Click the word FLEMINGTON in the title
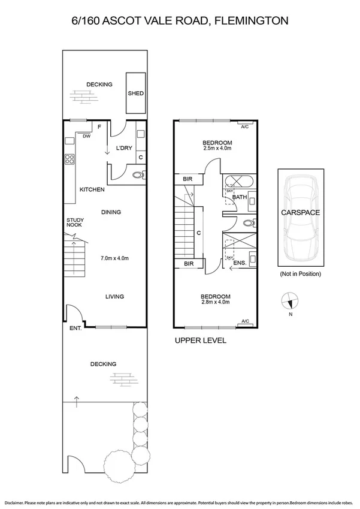pyautogui.click(x=252, y=20)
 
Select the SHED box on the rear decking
pyautogui.click(x=135, y=94)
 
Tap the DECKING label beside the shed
pyautogui.click(x=99, y=85)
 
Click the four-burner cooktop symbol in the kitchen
pyautogui.click(x=69, y=159)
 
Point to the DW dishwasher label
pyautogui.click(x=87, y=136)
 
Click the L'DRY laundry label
pyautogui.click(x=123, y=147)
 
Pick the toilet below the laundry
pyautogui.click(x=138, y=176)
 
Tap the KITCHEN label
pyautogui.click(x=92, y=189)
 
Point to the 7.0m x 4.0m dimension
pyautogui.click(x=114, y=258)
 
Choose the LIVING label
pyautogui.click(x=114, y=296)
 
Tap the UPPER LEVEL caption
pyautogui.click(x=200, y=341)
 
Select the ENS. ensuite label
pyautogui.click(x=239, y=263)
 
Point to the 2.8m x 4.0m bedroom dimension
pyautogui.click(x=216, y=302)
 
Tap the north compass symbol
pyautogui.click(x=289, y=302)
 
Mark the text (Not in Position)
pyautogui.click(x=300, y=273)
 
